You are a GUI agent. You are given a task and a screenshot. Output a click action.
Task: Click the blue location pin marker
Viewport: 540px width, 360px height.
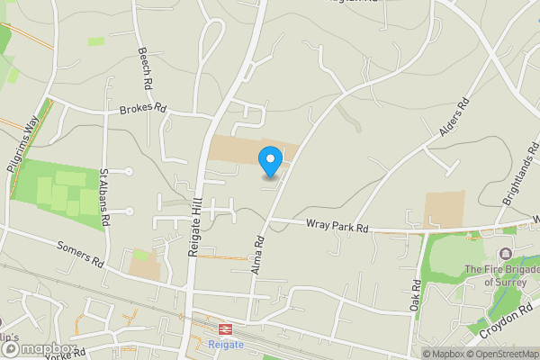(x=270, y=160)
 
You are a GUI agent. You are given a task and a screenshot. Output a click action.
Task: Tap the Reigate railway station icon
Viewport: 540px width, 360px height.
(x=224, y=329)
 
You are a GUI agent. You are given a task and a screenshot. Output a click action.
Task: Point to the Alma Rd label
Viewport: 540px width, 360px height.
(x=258, y=254)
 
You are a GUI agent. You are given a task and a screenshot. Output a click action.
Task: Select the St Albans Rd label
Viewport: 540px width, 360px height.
(x=104, y=196)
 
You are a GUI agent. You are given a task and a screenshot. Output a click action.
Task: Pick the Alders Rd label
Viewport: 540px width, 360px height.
(x=455, y=121)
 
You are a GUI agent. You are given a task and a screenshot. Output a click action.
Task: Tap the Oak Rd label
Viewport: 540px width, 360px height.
(x=416, y=296)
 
